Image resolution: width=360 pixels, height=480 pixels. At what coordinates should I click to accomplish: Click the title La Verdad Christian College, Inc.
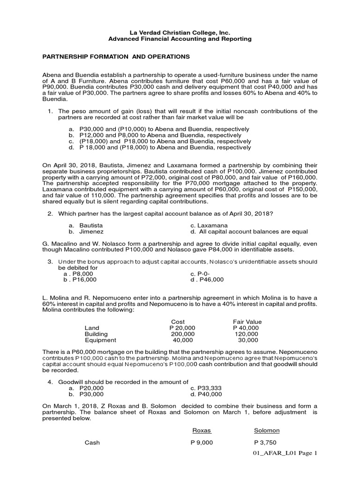click(x=180, y=32)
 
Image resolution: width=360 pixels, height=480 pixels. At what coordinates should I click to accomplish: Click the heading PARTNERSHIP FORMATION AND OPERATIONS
click(x=116, y=57)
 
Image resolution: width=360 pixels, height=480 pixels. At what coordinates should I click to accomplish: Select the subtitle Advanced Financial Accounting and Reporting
click(x=180, y=39)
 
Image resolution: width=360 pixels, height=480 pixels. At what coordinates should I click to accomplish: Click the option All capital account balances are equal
click(x=249, y=232)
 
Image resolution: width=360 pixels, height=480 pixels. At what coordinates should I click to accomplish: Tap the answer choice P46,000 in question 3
click(x=207, y=280)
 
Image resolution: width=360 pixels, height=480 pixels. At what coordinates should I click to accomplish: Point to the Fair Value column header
click(x=247, y=322)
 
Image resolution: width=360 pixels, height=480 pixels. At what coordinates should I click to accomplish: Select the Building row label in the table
click(x=96, y=334)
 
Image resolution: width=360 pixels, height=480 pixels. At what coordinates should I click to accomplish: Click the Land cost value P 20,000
click(x=182, y=328)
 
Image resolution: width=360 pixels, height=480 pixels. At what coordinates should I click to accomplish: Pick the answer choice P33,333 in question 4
click(x=206, y=388)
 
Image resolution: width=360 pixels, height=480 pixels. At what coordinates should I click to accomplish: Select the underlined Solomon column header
click(x=266, y=430)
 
